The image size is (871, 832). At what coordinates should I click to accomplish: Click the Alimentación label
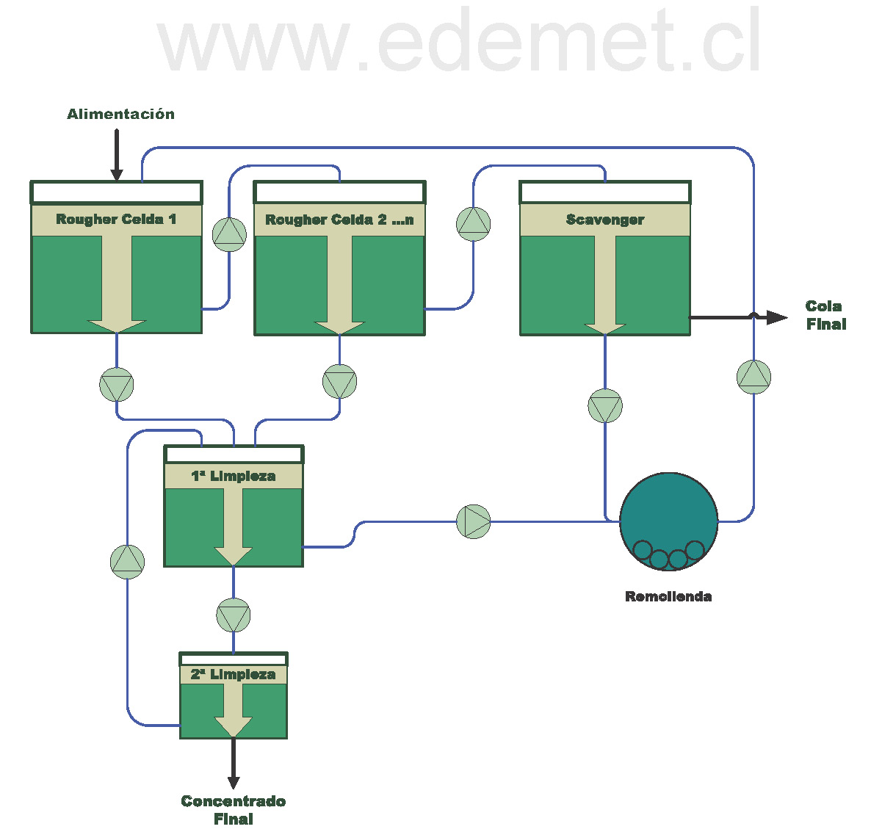tap(121, 114)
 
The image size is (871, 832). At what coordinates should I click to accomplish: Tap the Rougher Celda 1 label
tap(116, 220)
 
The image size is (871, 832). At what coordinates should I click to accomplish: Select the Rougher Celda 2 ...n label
tap(339, 220)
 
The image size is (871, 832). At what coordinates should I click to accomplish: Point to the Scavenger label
tap(605, 220)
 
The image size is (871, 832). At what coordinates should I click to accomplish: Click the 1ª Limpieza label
tap(234, 476)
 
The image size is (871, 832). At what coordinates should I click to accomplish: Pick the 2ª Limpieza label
tap(234, 674)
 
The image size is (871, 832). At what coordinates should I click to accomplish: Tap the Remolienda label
tap(668, 596)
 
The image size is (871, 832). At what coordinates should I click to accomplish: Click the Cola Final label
tap(825, 315)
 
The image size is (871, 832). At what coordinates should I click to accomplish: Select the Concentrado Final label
tap(234, 810)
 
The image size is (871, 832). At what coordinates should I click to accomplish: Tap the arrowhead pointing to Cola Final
tap(777, 317)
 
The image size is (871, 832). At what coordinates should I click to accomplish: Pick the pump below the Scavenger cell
tap(605, 406)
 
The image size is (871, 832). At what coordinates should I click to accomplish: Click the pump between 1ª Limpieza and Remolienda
tap(474, 521)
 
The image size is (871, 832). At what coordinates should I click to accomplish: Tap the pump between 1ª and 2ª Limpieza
tap(234, 615)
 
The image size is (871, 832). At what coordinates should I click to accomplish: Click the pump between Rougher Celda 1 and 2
tap(229, 234)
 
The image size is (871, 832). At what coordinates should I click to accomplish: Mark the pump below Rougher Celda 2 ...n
tap(339, 382)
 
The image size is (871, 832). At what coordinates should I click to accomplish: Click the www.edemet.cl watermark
tap(460, 42)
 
